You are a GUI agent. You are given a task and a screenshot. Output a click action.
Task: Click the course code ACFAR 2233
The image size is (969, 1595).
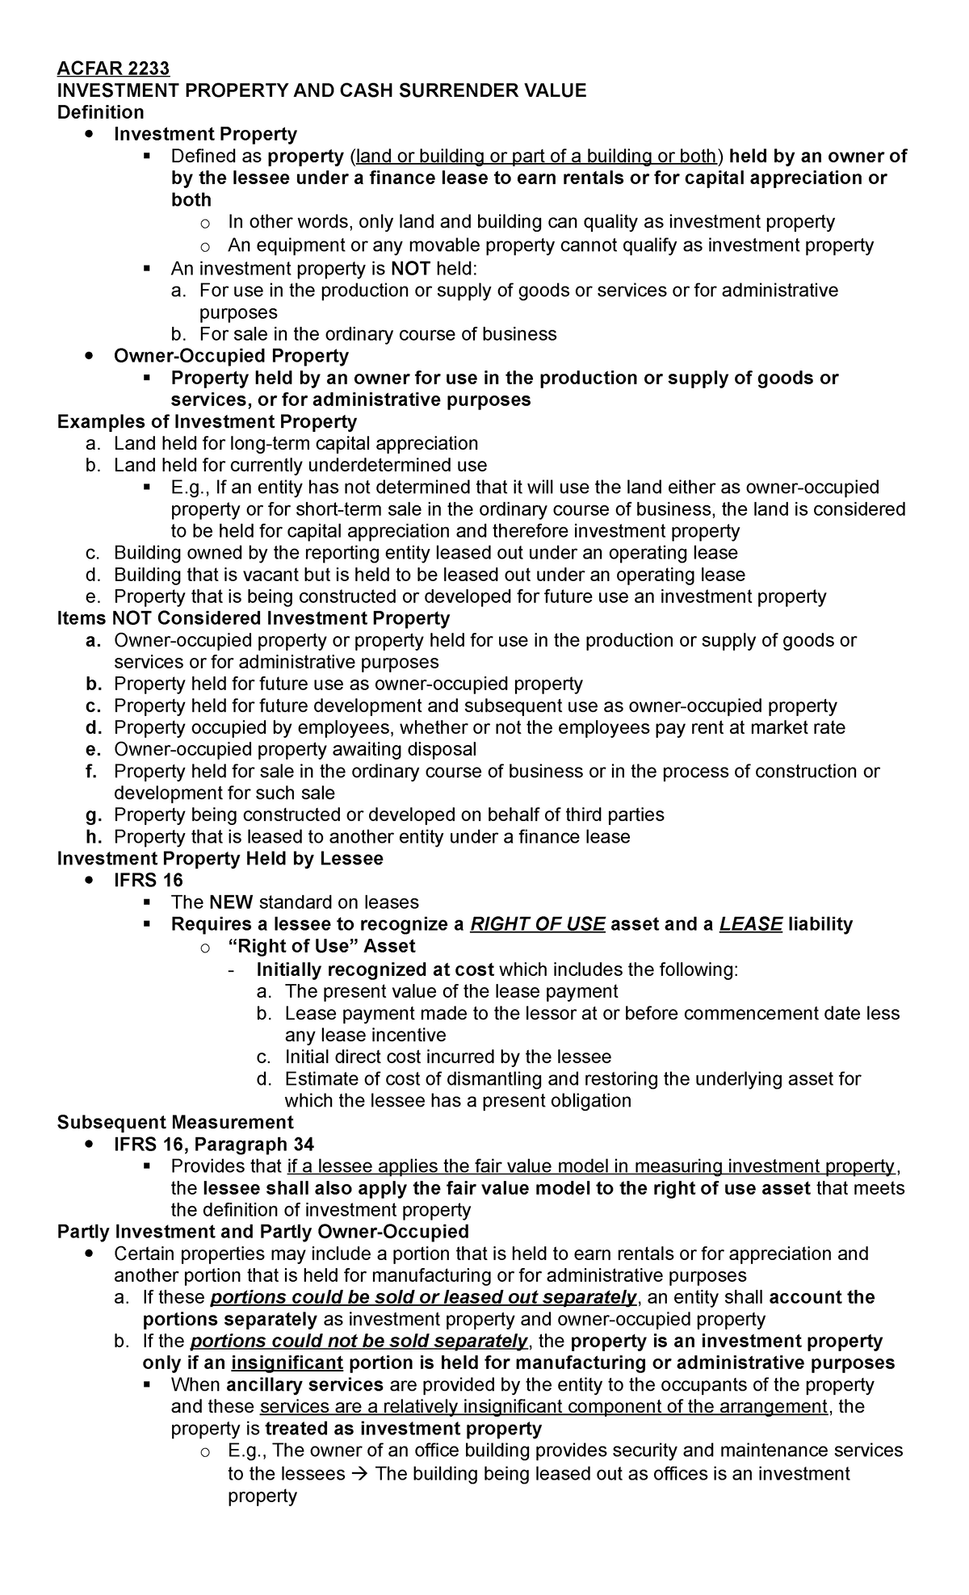(x=113, y=69)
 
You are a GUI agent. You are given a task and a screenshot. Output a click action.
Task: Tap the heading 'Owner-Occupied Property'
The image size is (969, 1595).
(x=231, y=356)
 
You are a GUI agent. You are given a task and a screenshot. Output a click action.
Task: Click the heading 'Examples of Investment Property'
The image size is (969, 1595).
(x=207, y=421)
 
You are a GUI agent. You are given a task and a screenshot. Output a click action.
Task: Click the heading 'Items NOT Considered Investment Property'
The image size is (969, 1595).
(x=253, y=618)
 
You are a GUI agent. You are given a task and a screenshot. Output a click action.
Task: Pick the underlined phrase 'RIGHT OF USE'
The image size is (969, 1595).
(x=537, y=924)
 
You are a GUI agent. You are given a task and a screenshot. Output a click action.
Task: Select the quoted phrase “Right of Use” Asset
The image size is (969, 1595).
(x=321, y=946)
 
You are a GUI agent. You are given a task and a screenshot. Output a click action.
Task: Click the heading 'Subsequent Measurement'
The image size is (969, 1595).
(x=175, y=1122)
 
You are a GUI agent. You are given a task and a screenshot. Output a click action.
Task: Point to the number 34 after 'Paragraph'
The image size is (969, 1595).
(x=300, y=1145)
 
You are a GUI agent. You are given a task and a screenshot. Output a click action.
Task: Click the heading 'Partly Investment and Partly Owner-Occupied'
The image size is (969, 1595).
(x=262, y=1232)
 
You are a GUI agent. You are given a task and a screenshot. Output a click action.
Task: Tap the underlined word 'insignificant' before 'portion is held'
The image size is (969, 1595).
(x=287, y=1363)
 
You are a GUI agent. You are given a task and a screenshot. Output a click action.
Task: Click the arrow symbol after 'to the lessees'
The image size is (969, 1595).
(x=360, y=1473)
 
